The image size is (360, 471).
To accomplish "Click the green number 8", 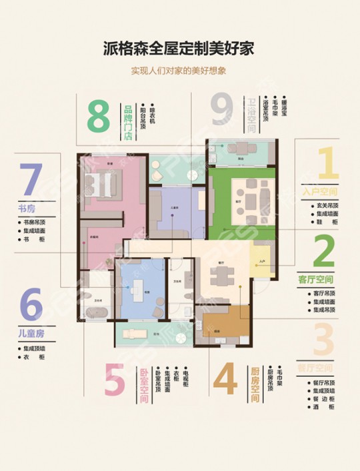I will point(97,117).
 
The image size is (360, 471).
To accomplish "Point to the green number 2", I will point(323,251).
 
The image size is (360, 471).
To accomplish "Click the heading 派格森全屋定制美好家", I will point(179,49).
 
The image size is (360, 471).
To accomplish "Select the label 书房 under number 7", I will point(27,209).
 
